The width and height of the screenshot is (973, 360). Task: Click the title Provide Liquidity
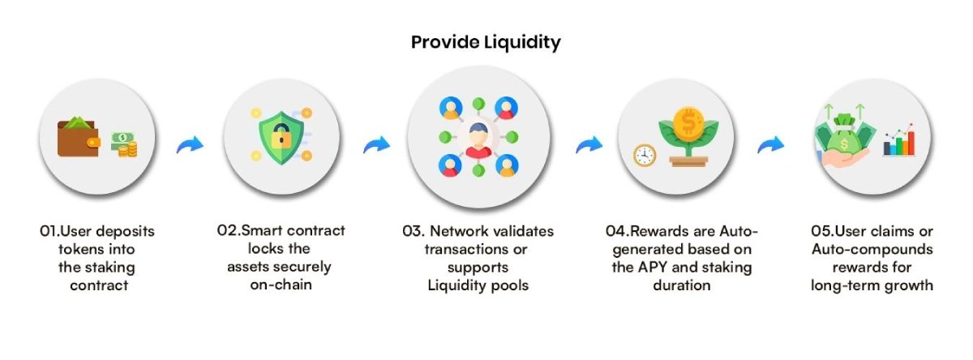tap(486, 42)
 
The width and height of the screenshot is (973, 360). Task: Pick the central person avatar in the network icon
tap(478, 137)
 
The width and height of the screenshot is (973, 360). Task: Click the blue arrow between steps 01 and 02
tap(190, 144)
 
